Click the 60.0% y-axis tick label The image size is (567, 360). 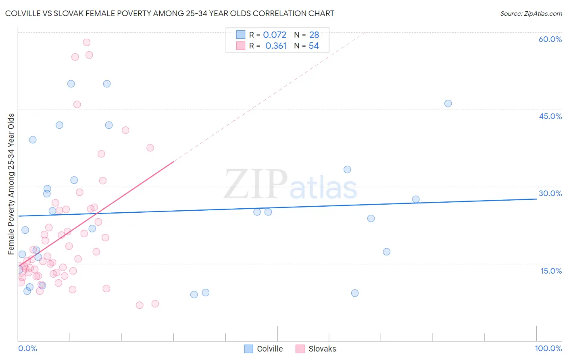point(550,39)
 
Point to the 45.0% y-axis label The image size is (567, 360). point(550,116)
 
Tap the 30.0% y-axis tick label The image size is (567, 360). point(550,193)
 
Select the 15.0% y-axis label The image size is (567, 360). point(551,271)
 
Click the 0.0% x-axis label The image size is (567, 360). point(27,348)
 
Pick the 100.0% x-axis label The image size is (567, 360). point(548,348)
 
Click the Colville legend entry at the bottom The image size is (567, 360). point(270,349)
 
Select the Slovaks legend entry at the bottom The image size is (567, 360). point(322,349)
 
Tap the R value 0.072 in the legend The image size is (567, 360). point(275,35)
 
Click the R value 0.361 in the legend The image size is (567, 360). point(276,46)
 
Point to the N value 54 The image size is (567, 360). point(314,46)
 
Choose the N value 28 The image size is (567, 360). point(314,35)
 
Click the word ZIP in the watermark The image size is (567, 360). point(256,184)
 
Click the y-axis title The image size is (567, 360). point(11,184)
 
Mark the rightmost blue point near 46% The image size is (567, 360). point(448,103)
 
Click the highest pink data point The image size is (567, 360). point(86,42)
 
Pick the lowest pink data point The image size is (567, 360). point(140,305)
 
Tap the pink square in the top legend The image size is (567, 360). point(241,46)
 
